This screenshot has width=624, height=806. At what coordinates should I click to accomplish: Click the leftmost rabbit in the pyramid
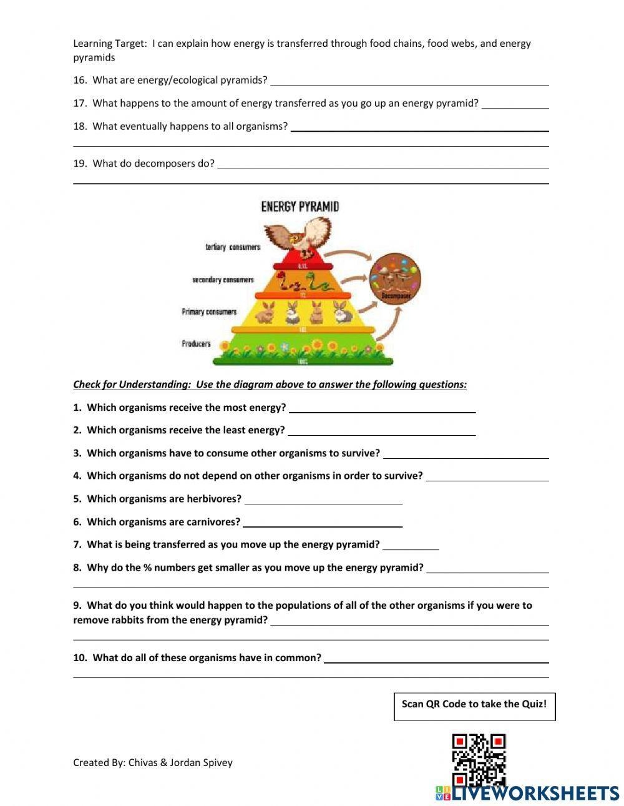click(x=267, y=312)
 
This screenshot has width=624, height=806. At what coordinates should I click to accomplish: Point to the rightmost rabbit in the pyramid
click(x=341, y=312)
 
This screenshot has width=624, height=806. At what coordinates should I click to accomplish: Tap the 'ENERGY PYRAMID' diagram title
click(x=300, y=207)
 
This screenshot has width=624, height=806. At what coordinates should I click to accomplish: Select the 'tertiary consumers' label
click(x=232, y=247)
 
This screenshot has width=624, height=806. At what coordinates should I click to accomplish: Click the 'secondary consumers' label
click(x=223, y=280)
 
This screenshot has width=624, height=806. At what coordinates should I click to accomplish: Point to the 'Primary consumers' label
click(x=209, y=312)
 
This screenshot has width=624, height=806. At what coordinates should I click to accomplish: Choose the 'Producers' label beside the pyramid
click(x=196, y=344)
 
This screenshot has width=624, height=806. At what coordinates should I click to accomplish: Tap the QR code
click(x=479, y=759)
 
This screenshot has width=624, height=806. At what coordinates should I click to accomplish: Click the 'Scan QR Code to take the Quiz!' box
click(x=474, y=706)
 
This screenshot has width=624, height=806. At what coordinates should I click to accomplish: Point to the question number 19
click(x=79, y=164)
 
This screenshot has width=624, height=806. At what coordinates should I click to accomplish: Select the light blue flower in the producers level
click(x=285, y=346)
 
